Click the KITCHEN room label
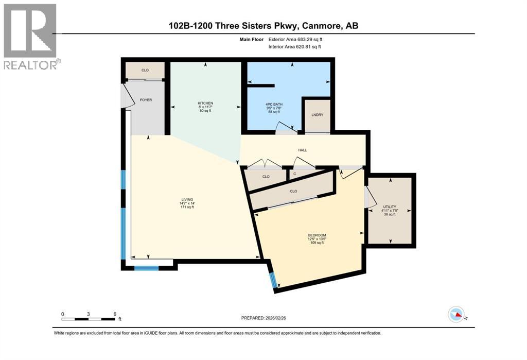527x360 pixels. point(205,104)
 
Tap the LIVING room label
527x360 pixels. point(187,199)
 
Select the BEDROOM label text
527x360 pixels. point(317,235)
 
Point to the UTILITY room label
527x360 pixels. point(390,207)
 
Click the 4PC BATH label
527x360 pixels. point(274,105)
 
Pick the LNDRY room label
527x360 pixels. point(317,115)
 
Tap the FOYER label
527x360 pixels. point(146,100)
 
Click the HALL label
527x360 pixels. point(303,150)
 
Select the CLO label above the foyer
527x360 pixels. point(145,71)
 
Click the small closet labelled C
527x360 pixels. point(295,174)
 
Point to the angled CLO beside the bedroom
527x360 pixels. point(293,191)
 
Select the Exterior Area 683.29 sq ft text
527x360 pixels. point(295,39)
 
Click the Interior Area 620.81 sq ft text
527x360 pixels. point(294,47)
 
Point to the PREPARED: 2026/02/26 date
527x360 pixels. point(263,318)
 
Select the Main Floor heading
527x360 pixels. point(251,39)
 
